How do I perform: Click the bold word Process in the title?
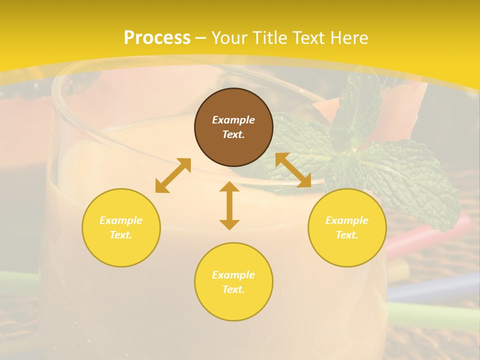click(157, 37)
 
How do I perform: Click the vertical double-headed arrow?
click(229, 205)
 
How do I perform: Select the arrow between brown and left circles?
click(173, 175)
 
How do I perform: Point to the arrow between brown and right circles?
click(293, 170)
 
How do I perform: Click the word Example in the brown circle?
click(233, 120)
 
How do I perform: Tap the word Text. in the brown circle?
click(233, 134)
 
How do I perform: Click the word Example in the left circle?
click(121, 220)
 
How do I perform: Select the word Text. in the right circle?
click(347, 235)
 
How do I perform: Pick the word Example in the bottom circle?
click(233, 275)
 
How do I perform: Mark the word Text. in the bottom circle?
click(233, 289)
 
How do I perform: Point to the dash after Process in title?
click(201, 38)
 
